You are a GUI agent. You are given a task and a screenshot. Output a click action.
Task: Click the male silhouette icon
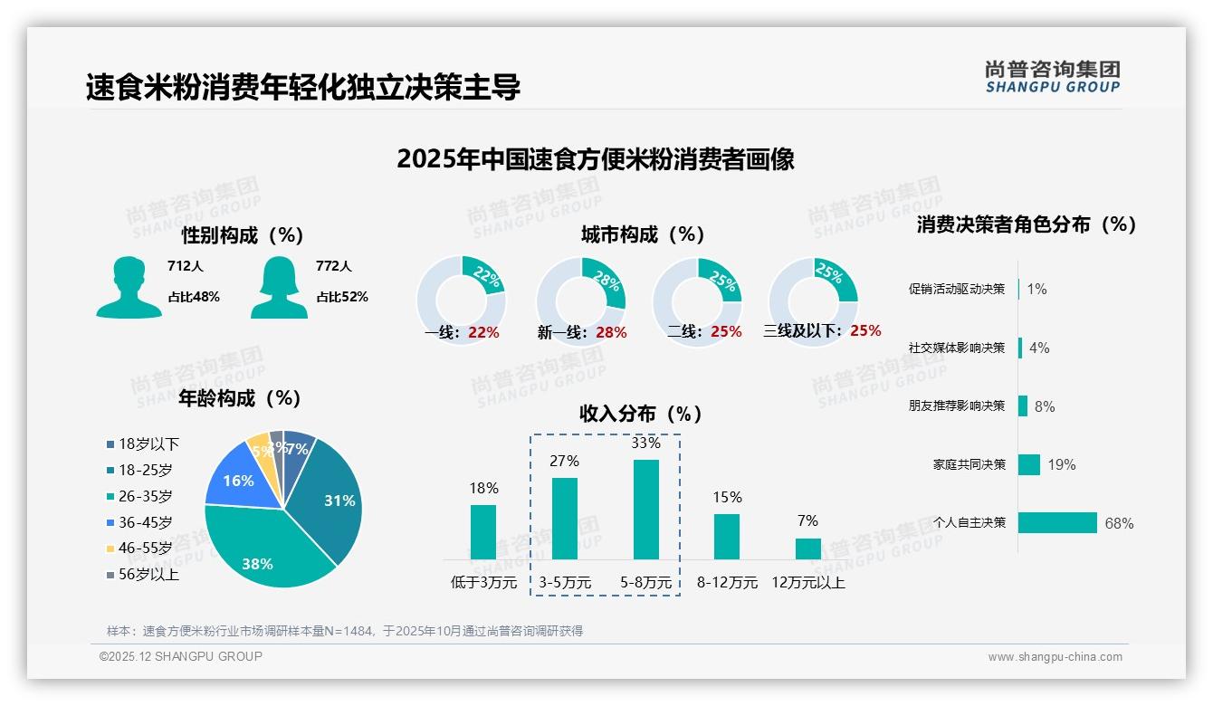[x=129, y=288]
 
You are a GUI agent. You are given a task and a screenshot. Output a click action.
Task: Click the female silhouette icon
[x=279, y=288]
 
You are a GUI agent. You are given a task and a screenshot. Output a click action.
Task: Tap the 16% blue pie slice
[x=238, y=480]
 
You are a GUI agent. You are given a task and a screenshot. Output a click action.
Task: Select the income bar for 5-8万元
[x=645, y=510]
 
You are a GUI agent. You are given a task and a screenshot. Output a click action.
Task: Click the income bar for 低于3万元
[x=483, y=532]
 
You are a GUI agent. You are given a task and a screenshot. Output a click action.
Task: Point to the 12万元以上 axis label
[x=807, y=583]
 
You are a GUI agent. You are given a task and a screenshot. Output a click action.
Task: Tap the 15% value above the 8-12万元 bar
[x=727, y=497]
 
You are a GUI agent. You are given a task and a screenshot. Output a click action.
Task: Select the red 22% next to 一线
[x=483, y=332]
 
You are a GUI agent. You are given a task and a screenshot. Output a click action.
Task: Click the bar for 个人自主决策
[x=1057, y=523]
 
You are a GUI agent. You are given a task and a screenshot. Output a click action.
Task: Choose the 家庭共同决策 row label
[x=969, y=464]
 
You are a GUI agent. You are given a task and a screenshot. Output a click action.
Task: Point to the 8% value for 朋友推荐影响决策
[x=1045, y=406]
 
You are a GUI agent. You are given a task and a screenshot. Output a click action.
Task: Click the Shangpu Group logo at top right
[x=1052, y=77]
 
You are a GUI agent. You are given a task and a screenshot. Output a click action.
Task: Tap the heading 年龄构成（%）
[x=240, y=398]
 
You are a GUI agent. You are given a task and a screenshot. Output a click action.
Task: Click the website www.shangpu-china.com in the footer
[x=1055, y=657]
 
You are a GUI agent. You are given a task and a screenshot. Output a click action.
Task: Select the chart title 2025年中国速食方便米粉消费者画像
[x=595, y=159]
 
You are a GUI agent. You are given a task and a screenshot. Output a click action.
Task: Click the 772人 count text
[x=334, y=266]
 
